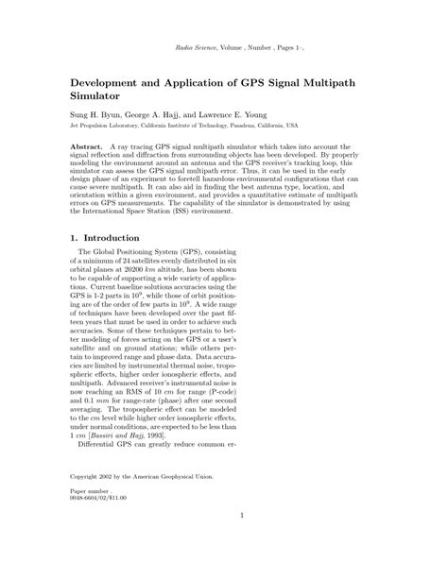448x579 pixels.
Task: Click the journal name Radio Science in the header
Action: [200, 47]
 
